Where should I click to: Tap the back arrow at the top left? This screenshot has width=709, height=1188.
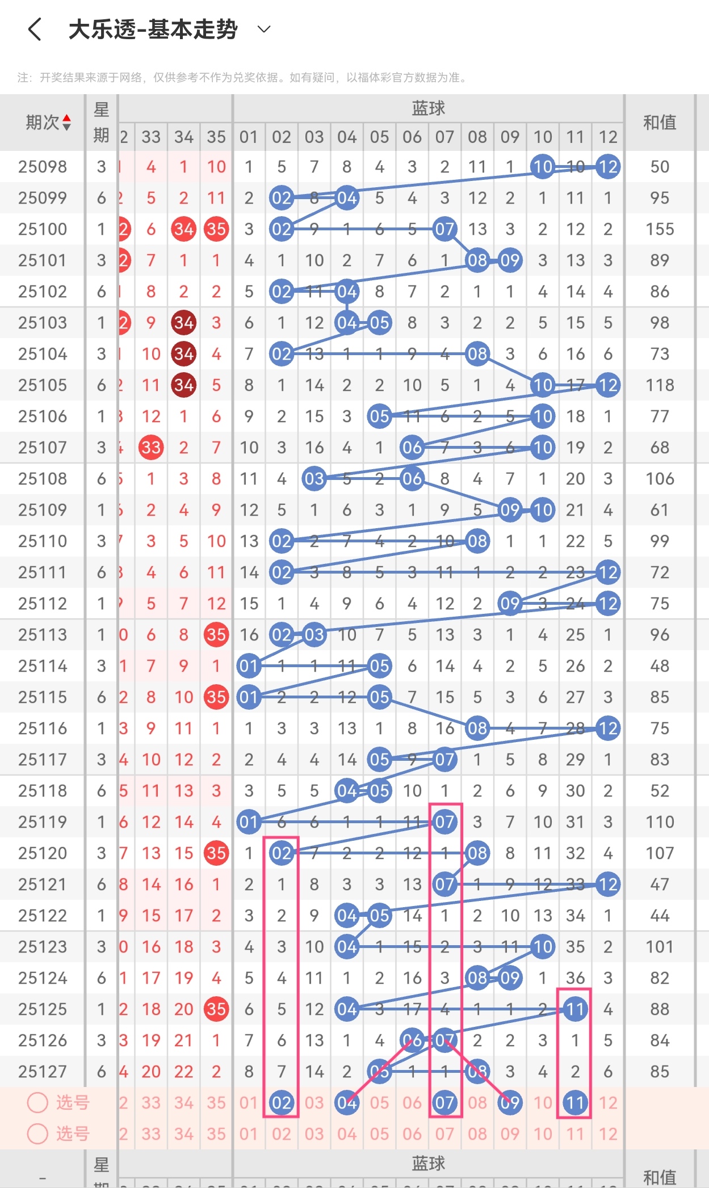pos(35,29)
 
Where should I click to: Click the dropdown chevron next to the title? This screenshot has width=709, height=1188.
pos(264,29)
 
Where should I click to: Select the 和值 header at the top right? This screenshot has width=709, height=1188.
pos(659,123)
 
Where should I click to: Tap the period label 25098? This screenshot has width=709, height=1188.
pos(43,167)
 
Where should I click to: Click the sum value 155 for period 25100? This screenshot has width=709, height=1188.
pos(660,229)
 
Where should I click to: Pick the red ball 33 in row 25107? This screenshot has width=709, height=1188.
pos(151,448)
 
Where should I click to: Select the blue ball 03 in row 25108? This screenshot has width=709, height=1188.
pos(314,479)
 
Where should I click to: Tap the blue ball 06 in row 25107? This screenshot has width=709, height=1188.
pos(412,448)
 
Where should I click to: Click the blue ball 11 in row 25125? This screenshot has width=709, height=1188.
pos(575,1009)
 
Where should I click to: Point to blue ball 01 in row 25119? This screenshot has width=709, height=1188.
pos(249,822)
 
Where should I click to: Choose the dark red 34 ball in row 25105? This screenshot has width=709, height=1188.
pos(183,385)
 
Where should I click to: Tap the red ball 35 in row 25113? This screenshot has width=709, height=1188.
pos(216,635)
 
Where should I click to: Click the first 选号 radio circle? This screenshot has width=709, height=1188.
pos(37,1102)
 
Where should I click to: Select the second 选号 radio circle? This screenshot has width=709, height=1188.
pos(37,1134)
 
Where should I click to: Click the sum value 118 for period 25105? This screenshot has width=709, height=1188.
pos(660,385)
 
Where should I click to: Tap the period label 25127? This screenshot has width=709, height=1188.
pos(43,1072)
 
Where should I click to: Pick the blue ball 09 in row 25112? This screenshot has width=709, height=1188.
pos(510,604)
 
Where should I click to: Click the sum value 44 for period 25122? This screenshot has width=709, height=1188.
pos(660,916)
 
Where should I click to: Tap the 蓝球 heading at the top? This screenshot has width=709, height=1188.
pos(429,108)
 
